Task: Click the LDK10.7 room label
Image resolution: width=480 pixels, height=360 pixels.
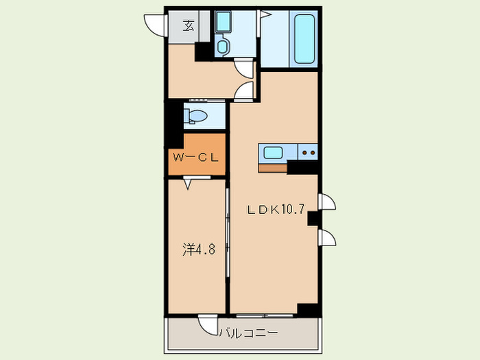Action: point(276,210)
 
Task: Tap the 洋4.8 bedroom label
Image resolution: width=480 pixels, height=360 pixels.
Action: point(199,250)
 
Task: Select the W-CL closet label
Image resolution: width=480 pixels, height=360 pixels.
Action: point(196,158)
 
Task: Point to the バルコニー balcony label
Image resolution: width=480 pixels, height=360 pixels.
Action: point(248,333)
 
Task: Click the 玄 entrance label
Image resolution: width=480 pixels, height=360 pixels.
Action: point(189,26)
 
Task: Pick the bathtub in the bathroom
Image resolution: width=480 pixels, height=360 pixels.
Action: point(304,38)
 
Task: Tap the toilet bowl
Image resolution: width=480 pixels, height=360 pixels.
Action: point(195,117)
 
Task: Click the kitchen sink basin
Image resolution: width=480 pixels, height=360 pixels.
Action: point(273,152)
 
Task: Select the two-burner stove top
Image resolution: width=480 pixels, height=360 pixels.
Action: point(308,152)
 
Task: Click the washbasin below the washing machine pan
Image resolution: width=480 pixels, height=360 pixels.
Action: point(222,47)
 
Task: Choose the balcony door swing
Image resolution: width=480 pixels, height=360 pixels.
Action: point(208,324)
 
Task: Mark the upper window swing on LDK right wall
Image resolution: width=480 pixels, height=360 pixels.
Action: point(327,202)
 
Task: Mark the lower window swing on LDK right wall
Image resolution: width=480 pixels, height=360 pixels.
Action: point(327,237)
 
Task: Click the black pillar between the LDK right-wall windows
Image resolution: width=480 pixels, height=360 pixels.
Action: point(313,219)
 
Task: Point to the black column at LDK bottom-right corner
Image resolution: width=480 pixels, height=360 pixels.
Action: point(308,310)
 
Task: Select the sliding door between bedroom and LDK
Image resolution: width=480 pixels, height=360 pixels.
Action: point(228,232)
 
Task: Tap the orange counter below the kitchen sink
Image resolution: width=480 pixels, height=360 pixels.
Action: point(273,168)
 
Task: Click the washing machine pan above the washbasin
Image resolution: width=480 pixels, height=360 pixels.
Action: point(223,22)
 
